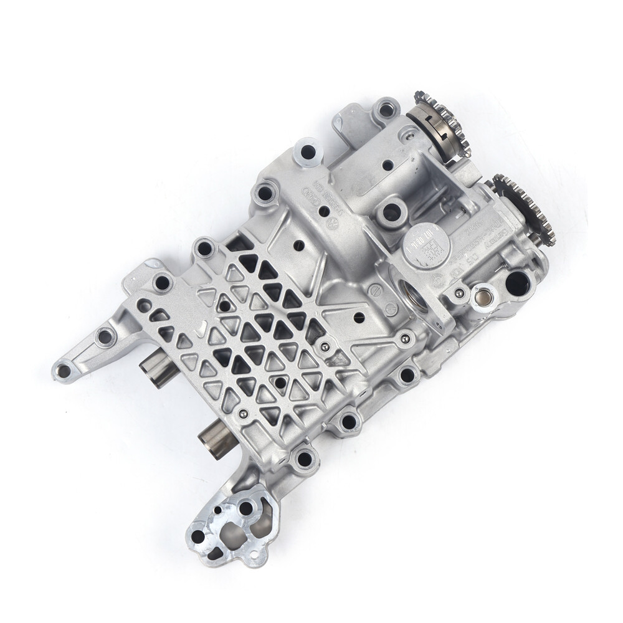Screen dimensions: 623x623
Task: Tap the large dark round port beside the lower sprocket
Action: coord(517,283)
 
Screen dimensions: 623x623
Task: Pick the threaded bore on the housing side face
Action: coord(414,292)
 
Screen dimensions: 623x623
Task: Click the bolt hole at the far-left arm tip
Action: coord(63,371)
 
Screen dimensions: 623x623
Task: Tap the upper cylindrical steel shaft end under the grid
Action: coord(156,371)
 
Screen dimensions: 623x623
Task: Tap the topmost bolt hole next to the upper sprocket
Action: coord(386,109)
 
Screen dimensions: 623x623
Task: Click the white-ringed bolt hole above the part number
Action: coord(307,151)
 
